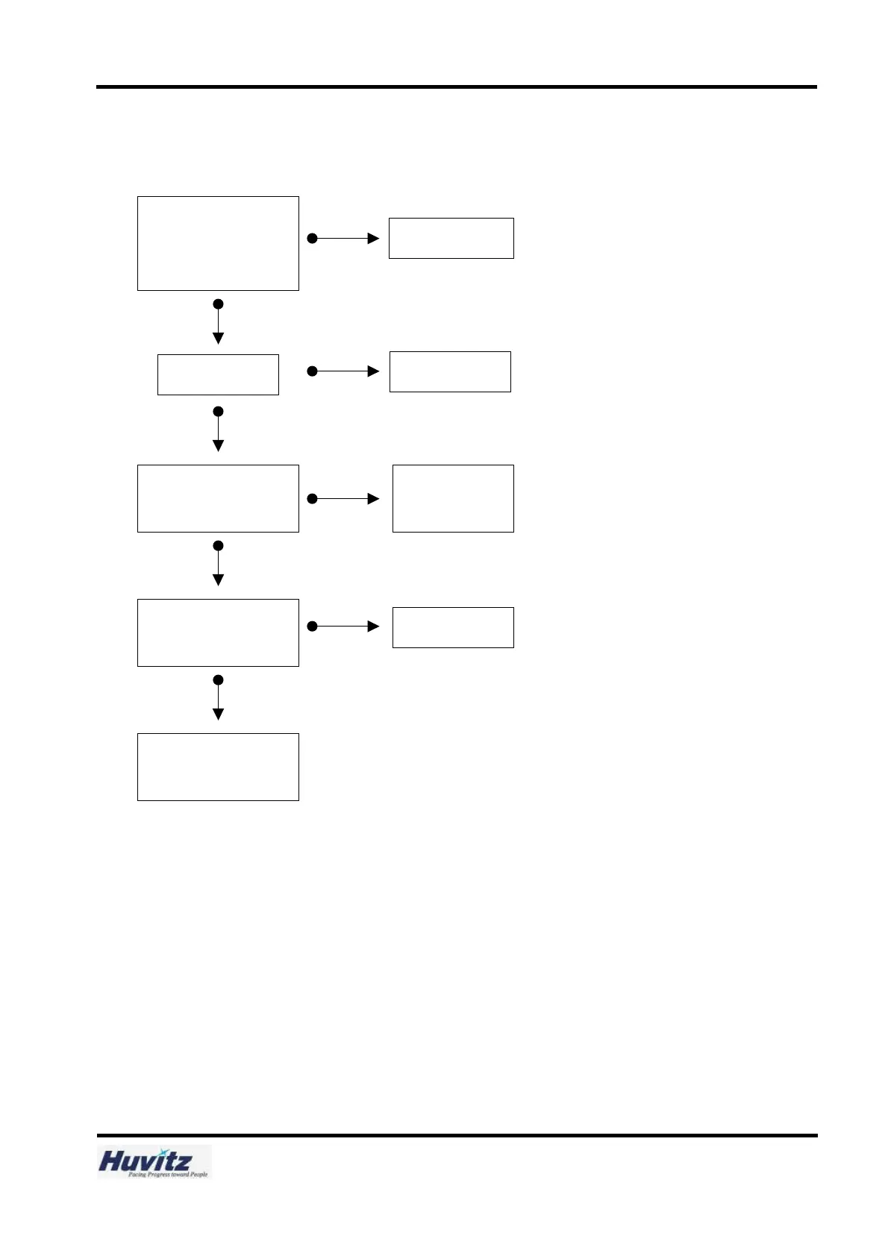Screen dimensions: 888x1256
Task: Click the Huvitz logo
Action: tap(154, 1161)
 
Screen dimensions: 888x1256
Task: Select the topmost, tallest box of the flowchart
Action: tap(218, 243)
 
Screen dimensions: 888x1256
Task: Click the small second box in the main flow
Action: tap(218, 374)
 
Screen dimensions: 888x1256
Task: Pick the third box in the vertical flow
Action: tap(218, 498)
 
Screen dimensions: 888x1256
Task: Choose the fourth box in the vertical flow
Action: tap(218, 632)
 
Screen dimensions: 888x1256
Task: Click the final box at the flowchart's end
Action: tap(218, 767)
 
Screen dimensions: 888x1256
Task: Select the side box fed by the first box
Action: tap(451, 238)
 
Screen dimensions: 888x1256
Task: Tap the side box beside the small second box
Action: tap(450, 371)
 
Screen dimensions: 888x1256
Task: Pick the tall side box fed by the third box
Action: tap(453, 498)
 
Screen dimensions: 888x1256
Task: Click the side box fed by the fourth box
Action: tap(453, 627)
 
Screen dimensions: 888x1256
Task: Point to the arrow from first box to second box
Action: tap(218, 322)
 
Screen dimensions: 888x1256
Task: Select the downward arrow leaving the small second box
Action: tap(218, 430)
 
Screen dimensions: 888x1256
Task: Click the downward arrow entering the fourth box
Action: tap(218, 565)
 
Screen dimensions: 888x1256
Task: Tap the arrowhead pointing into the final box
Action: tap(218, 714)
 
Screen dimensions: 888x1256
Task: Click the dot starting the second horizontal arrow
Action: tap(313, 371)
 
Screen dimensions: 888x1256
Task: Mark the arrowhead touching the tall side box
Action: tap(374, 498)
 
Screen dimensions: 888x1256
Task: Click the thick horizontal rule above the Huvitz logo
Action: tap(457, 1135)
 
